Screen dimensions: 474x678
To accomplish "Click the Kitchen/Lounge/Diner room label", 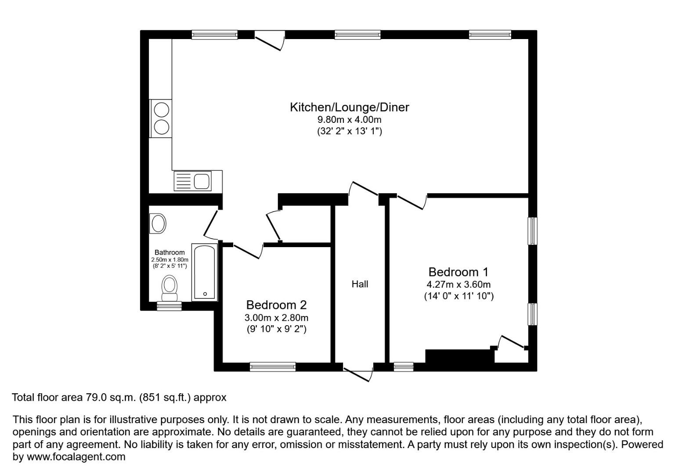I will (349, 107).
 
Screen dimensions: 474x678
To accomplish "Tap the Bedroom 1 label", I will (458, 272).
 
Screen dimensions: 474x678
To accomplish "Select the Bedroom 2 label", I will (276, 305).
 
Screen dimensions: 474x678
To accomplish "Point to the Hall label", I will (360, 284).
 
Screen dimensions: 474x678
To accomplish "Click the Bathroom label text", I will (169, 252).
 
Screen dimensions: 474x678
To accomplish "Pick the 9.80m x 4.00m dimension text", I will (349, 119).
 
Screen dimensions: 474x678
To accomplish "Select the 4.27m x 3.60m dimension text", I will (458, 284).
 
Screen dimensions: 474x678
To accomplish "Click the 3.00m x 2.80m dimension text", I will (276, 317).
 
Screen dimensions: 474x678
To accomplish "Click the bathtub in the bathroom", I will (205, 272).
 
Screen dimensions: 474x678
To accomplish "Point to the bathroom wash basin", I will (158, 223).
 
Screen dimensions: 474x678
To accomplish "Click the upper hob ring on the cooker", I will (161, 109).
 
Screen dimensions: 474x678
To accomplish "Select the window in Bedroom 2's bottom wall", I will (272, 366).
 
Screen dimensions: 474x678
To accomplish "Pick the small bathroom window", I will (169, 306).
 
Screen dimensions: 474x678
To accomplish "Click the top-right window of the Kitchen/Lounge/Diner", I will (490, 35).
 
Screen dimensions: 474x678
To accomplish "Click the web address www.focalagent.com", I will (76, 456).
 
